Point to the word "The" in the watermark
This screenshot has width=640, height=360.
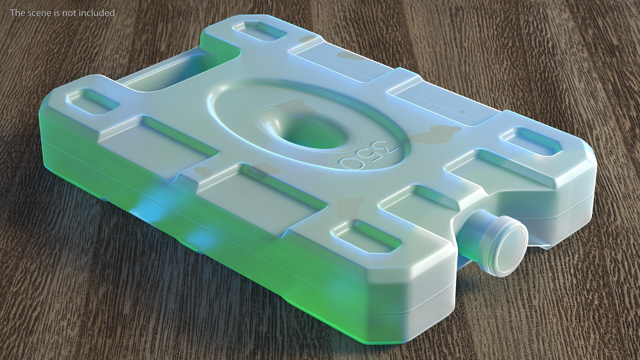[x=17, y=13]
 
